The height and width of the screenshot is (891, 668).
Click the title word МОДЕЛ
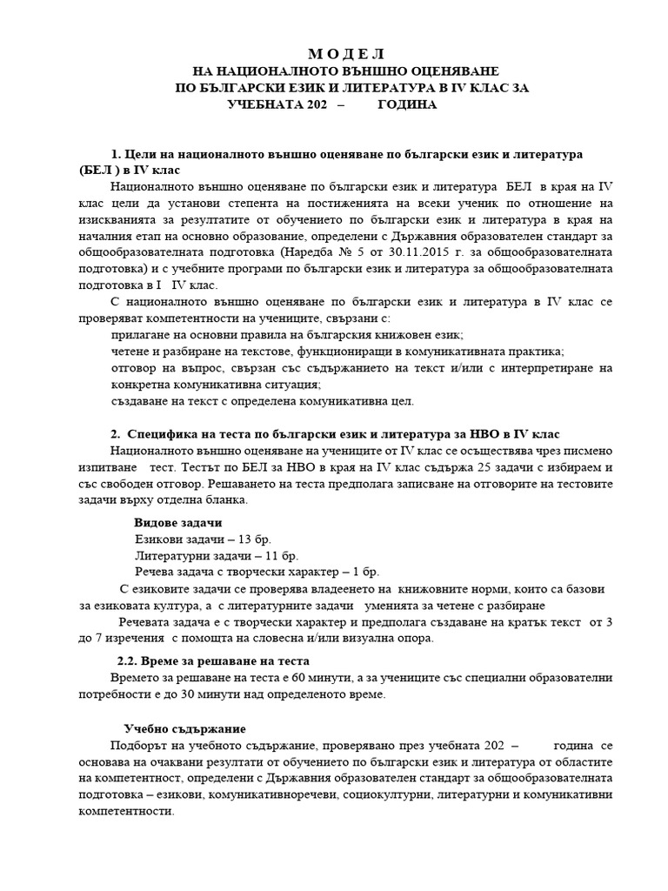(x=345, y=54)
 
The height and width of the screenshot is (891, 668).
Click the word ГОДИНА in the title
(x=408, y=104)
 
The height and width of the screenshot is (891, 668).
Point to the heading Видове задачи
(x=177, y=523)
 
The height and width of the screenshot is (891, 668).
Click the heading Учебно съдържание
(x=184, y=728)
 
